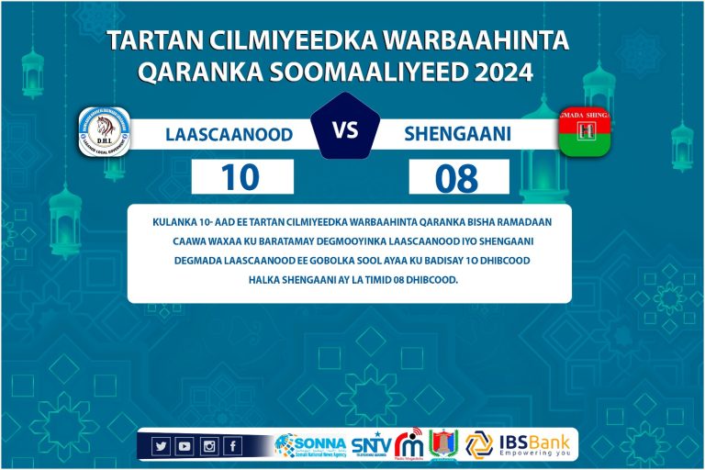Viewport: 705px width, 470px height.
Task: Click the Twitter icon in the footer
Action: [x=161, y=446]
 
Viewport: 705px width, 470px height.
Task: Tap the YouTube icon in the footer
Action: [x=185, y=446]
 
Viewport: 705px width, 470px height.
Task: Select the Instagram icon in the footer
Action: [x=208, y=446]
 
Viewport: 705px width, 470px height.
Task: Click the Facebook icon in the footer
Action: [x=232, y=446]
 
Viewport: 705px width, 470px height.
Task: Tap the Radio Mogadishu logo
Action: [x=410, y=445]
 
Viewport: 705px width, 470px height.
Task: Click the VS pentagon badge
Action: [x=345, y=129]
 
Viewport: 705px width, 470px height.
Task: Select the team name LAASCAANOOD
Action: [x=229, y=135]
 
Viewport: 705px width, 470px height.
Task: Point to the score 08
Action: [x=457, y=177]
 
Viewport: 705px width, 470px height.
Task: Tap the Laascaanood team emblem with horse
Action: [x=104, y=132]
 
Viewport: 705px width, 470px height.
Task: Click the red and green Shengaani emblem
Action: [x=585, y=132]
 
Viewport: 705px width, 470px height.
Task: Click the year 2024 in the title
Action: [x=500, y=72]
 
